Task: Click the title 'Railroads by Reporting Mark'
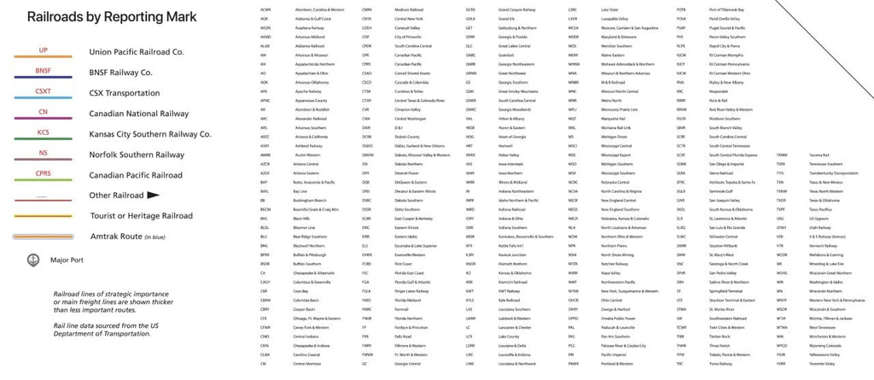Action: (112, 17)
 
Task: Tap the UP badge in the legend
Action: (43, 50)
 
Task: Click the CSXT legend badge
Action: (43, 91)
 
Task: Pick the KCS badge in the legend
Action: (43, 132)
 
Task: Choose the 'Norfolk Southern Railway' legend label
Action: (137, 155)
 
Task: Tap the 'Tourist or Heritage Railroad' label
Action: (141, 216)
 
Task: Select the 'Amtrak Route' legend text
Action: (128, 237)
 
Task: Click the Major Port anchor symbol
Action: (33, 260)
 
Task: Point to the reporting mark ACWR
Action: (265, 9)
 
